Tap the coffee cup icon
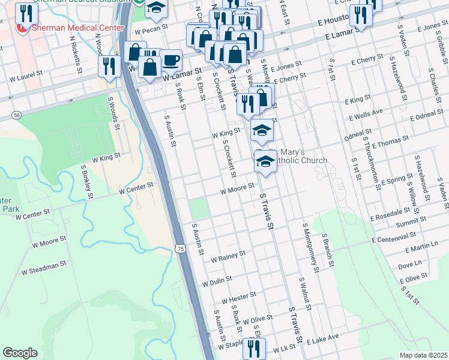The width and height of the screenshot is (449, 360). click(171, 61)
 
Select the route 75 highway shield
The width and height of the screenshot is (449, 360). click(181, 248)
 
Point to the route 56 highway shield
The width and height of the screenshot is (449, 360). click(16, 114)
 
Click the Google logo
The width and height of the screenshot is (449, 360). click(20, 353)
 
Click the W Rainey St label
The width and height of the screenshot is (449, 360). click(228, 256)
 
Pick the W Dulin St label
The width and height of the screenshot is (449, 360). click(217, 281)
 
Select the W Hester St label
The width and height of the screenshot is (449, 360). click(238, 297)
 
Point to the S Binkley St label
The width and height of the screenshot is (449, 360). click(86, 184)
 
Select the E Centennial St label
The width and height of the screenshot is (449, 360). click(397, 238)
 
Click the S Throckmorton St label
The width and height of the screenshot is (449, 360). click(372, 163)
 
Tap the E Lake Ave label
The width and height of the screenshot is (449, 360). click(323, 340)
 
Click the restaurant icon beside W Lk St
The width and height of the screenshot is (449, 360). click(256, 348)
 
